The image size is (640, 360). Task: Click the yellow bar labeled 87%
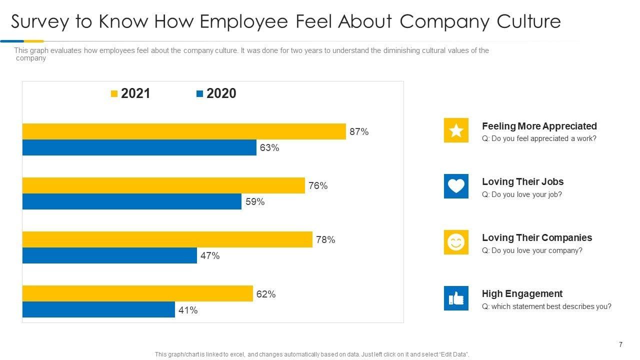(x=184, y=131)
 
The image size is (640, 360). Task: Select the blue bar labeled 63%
(x=139, y=147)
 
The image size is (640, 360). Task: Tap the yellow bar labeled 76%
(x=163, y=185)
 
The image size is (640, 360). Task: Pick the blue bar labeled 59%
(x=132, y=201)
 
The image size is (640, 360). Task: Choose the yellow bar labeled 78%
(x=167, y=239)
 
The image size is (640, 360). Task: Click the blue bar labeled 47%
(x=109, y=255)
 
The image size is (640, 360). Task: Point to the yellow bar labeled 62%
(x=137, y=293)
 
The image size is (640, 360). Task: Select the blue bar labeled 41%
(x=98, y=309)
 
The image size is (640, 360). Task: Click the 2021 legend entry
(x=130, y=93)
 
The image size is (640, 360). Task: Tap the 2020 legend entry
(x=216, y=93)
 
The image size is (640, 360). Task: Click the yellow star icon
(x=456, y=130)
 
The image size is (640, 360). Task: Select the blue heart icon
(x=456, y=186)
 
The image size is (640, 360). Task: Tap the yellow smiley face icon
(x=456, y=242)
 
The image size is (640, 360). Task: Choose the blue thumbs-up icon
(x=456, y=298)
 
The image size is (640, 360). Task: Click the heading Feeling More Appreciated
(x=539, y=126)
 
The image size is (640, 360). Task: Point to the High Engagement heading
(x=522, y=293)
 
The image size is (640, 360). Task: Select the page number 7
(x=620, y=344)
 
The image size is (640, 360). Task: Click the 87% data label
(x=359, y=132)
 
